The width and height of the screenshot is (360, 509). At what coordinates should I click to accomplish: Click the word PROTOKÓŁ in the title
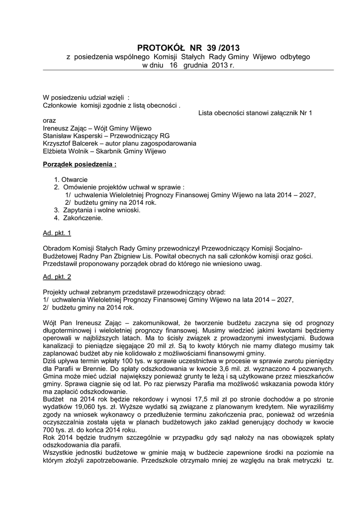(160, 48)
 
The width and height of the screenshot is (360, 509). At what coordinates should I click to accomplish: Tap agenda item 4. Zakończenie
(78, 218)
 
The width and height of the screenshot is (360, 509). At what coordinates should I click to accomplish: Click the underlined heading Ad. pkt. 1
(57, 233)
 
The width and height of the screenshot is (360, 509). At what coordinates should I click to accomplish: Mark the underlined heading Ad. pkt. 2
(57, 276)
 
